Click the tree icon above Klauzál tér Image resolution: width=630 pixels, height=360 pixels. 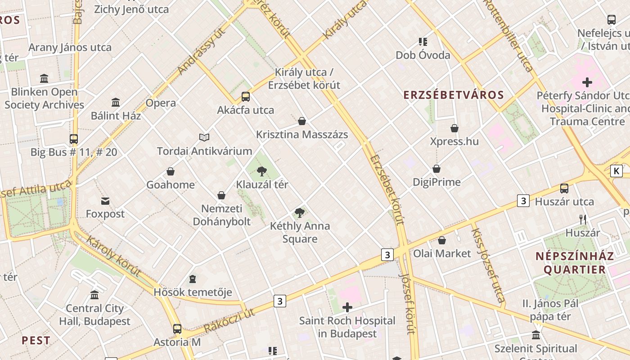click(261, 171)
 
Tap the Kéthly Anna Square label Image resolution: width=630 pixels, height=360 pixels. click(300, 232)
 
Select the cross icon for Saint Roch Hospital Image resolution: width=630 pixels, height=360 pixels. click(347, 308)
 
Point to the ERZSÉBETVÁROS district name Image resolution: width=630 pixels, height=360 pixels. click(454, 95)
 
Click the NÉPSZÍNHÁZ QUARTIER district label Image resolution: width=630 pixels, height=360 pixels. click(575, 263)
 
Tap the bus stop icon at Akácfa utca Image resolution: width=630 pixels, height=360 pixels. click(246, 97)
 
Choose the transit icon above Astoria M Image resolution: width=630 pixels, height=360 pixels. click(177, 329)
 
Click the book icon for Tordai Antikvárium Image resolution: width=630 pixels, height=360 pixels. click(204, 137)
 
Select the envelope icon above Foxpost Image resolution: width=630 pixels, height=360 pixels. click(105, 201)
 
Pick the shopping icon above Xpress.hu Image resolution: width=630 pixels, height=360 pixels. click(454, 128)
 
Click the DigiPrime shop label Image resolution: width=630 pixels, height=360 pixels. click(437, 182)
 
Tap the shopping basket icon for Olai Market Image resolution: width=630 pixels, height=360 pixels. click(442, 240)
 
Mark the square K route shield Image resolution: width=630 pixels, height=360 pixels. click(616, 171)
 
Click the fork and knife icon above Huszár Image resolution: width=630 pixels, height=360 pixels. click(583, 220)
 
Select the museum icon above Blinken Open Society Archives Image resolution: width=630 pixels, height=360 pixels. click(44, 79)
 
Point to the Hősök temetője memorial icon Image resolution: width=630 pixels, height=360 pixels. click(193, 279)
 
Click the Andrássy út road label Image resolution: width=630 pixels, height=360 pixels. click(201, 51)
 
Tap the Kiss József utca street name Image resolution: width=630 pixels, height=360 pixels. click(487, 265)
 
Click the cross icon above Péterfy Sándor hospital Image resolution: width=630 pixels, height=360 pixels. click(587, 82)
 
